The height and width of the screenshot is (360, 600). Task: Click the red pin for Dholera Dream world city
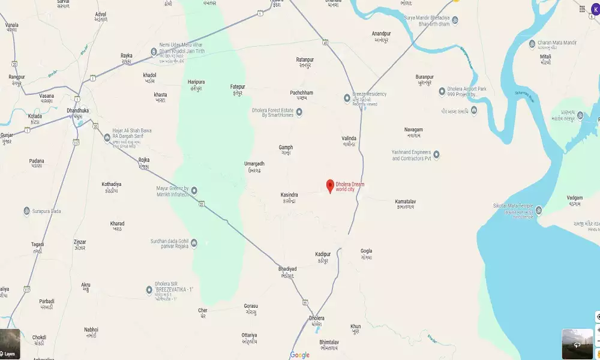329,186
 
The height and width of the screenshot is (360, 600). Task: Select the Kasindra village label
289,195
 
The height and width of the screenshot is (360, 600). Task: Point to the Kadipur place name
323,254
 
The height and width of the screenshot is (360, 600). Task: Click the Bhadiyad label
287,268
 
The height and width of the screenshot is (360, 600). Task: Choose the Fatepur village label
238,87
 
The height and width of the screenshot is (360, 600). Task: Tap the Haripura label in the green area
196,82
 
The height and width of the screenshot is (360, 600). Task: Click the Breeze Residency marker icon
347,98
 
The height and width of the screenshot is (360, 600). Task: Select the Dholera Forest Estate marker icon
299,112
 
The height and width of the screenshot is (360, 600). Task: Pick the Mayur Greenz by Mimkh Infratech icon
194,191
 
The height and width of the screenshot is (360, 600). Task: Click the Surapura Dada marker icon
26,211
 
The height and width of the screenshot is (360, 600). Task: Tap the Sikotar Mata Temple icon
538,210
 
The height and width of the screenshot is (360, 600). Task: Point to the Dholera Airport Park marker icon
442,92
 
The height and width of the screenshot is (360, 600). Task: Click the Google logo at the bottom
300,355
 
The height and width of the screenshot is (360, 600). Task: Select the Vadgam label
575,197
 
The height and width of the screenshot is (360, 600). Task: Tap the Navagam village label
413,130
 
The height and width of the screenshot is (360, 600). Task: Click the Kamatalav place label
406,202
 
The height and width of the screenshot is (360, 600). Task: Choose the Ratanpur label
305,60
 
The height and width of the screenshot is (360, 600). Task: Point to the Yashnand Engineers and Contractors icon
436,154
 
